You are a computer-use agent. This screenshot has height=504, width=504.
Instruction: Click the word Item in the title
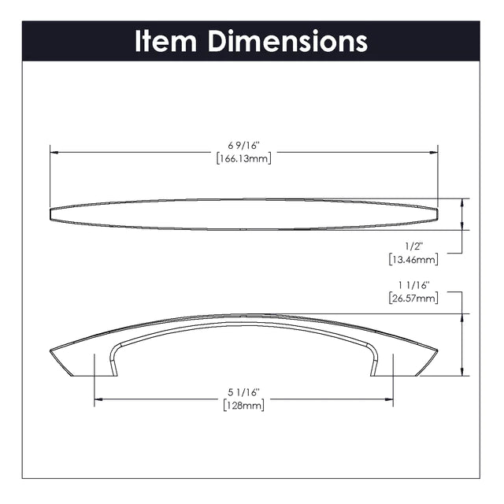coord(165,41)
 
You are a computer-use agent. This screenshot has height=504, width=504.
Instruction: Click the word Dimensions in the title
coord(287,41)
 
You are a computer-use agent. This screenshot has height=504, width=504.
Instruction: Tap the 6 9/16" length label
coord(243,146)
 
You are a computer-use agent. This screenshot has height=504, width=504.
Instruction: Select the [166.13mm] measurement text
coord(244,158)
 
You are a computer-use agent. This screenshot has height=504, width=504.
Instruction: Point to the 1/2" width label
coord(413,246)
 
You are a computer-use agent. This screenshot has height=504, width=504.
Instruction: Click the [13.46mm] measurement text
coord(413,259)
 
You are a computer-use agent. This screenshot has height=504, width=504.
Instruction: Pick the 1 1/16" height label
coord(414,285)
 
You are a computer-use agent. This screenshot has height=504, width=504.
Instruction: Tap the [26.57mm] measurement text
coord(413,298)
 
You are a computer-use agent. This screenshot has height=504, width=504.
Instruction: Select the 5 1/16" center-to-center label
coord(243,392)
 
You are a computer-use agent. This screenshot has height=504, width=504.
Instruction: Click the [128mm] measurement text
coord(244,406)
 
